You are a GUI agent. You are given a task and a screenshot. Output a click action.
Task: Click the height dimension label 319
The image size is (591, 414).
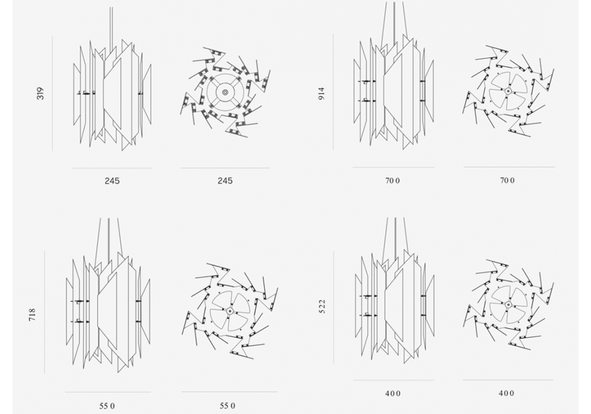tap(40, 93)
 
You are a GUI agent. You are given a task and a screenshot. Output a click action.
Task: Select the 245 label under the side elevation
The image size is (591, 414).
tap(112, 181)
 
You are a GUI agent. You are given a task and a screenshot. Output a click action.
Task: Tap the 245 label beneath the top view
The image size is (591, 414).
tap(225, 181)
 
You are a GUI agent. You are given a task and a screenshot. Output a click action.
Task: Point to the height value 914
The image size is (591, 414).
tap(322, 93)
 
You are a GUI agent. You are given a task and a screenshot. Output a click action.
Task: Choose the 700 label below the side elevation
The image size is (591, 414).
tap(392, 180)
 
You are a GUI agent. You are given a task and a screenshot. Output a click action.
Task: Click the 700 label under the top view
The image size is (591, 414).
tap(507, 180)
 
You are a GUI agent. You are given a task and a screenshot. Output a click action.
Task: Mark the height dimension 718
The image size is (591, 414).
tap(33, 315)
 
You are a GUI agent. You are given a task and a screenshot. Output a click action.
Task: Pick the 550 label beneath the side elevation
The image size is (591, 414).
tap(107, 406)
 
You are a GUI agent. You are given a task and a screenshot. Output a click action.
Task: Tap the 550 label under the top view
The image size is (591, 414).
tap(228, 406)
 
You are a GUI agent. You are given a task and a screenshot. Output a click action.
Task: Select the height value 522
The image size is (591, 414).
tap(322, 306)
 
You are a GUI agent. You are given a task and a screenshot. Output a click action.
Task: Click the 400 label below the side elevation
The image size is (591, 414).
tap(393, 394)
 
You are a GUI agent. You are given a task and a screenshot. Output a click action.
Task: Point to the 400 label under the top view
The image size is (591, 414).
tap(506, 393)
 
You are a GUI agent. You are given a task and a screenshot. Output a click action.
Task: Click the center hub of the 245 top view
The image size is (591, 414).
tap(225, 92)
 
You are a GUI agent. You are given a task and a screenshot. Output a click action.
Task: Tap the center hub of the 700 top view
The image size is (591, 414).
tap(508, 91)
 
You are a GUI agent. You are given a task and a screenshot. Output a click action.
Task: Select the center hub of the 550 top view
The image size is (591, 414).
tap(230, 310)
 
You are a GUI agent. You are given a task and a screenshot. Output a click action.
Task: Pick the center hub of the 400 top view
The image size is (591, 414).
tap(508, 305)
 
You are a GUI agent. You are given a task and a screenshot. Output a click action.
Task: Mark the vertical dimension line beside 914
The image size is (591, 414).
tap(333, 92)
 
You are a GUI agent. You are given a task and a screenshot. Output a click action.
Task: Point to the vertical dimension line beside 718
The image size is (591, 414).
tap(44, 312)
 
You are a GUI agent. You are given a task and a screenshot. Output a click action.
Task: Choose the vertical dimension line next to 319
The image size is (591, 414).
tap(52, 93)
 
